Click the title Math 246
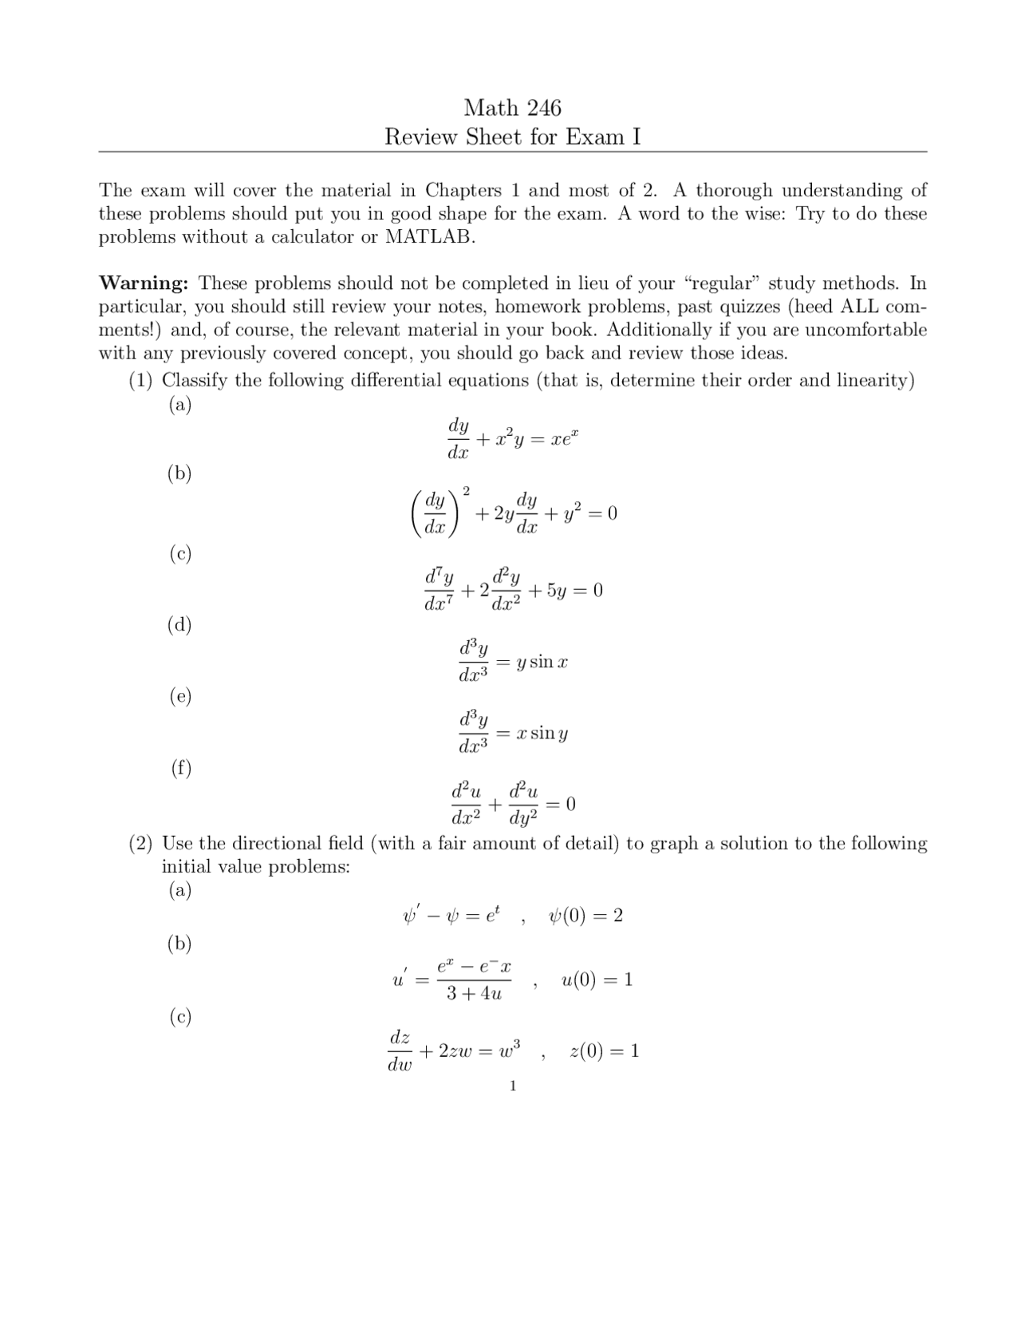512,108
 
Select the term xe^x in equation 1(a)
562,438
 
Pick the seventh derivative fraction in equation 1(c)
439,589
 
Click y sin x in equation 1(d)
542,662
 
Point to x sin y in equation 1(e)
542,733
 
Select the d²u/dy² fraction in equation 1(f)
523,804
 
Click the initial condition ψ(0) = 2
585,916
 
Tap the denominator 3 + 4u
474,994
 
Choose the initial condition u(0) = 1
597,980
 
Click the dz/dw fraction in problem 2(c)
400,1051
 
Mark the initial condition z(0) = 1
604,1051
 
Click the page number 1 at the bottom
513,1086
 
